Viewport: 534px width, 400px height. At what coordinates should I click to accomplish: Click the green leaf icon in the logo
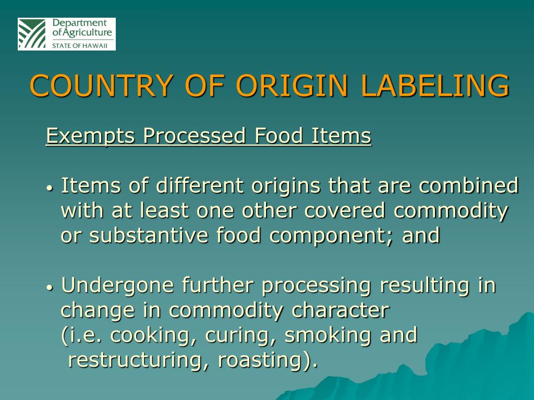click(32, 34)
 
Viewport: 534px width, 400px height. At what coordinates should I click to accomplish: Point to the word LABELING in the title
click(432, 86)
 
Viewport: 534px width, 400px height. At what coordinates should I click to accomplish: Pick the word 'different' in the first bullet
click(200, 186)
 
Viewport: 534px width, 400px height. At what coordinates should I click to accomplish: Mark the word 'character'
click(340, 311)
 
